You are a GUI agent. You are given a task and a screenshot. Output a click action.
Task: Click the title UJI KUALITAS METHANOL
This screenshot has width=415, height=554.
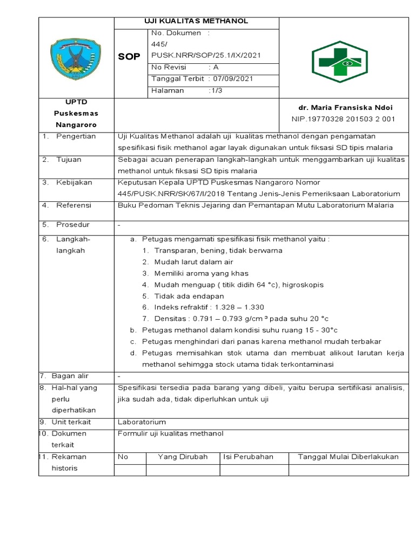196,21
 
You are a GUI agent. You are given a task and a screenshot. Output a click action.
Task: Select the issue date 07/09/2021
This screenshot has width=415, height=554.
233,78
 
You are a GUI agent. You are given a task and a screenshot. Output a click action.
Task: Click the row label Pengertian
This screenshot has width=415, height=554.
76,136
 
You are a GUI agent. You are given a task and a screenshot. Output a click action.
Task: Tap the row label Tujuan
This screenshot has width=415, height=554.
69,159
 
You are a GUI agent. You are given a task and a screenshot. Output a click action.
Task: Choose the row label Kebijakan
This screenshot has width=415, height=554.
74,182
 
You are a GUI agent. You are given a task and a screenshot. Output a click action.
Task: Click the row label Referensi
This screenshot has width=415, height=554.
74,205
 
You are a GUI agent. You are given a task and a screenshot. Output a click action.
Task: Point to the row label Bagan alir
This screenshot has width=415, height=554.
70,375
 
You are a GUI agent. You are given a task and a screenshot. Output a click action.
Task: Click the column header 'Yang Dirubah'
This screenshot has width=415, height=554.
183,457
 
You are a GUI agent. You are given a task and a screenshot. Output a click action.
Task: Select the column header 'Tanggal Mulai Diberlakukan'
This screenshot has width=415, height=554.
348,457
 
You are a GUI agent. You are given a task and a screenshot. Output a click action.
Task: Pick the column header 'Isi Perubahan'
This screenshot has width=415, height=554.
249,457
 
